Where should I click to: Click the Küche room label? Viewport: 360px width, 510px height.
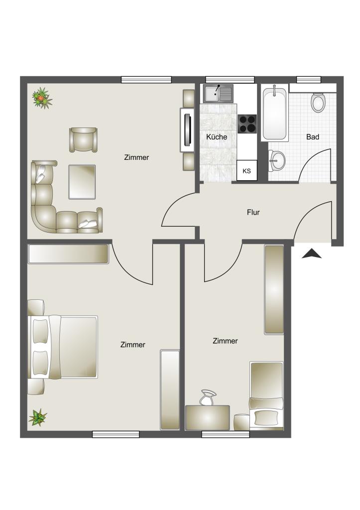click(217, 136)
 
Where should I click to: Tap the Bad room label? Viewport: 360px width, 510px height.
click(313, 136)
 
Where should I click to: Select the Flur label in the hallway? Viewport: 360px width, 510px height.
click(253, 212)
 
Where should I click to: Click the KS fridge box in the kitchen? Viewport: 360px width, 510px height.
click(246, 171)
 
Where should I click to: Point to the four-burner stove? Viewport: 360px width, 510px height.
click(247, 124)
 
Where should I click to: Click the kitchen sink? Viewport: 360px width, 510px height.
click(218, 93)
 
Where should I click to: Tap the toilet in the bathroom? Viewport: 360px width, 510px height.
click(318, 103)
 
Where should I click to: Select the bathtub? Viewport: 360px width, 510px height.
click(274, 114)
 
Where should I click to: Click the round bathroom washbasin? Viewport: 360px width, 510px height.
click(277, 160)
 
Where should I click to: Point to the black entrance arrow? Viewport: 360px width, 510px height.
click(312, 254)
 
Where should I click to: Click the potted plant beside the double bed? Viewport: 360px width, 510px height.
click(37, 417)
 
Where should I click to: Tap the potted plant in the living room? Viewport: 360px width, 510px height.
click(42, 98)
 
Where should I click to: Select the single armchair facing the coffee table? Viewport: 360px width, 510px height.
click(83, 139)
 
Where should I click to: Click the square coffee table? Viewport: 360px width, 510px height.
click(82, 182)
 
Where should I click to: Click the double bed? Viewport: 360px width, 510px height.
click(65, 347)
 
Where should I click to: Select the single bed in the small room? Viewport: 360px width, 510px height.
click(266, 396)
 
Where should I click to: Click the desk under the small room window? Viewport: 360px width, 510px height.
click(208, 417)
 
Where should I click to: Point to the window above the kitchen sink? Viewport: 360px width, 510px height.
click(230, 79)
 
